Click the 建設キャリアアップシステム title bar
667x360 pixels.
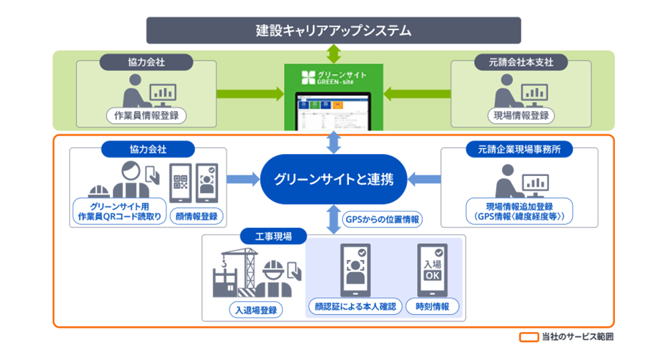click(x=333, y=31)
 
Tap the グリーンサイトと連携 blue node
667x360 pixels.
click(x=333, y=179)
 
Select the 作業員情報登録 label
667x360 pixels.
click(x=146, y=115)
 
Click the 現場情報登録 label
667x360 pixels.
click(x=521, y=115)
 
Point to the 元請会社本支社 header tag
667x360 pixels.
click(x=521, y=63)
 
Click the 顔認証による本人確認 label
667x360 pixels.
click(x=356, y=307)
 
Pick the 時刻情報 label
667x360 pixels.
click(x=437, y=307)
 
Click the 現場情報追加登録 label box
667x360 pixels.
click(x=520, y=211)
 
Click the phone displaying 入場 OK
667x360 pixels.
click(x=432, y=271)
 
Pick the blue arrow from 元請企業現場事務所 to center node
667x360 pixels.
click(x=424, y=179)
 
